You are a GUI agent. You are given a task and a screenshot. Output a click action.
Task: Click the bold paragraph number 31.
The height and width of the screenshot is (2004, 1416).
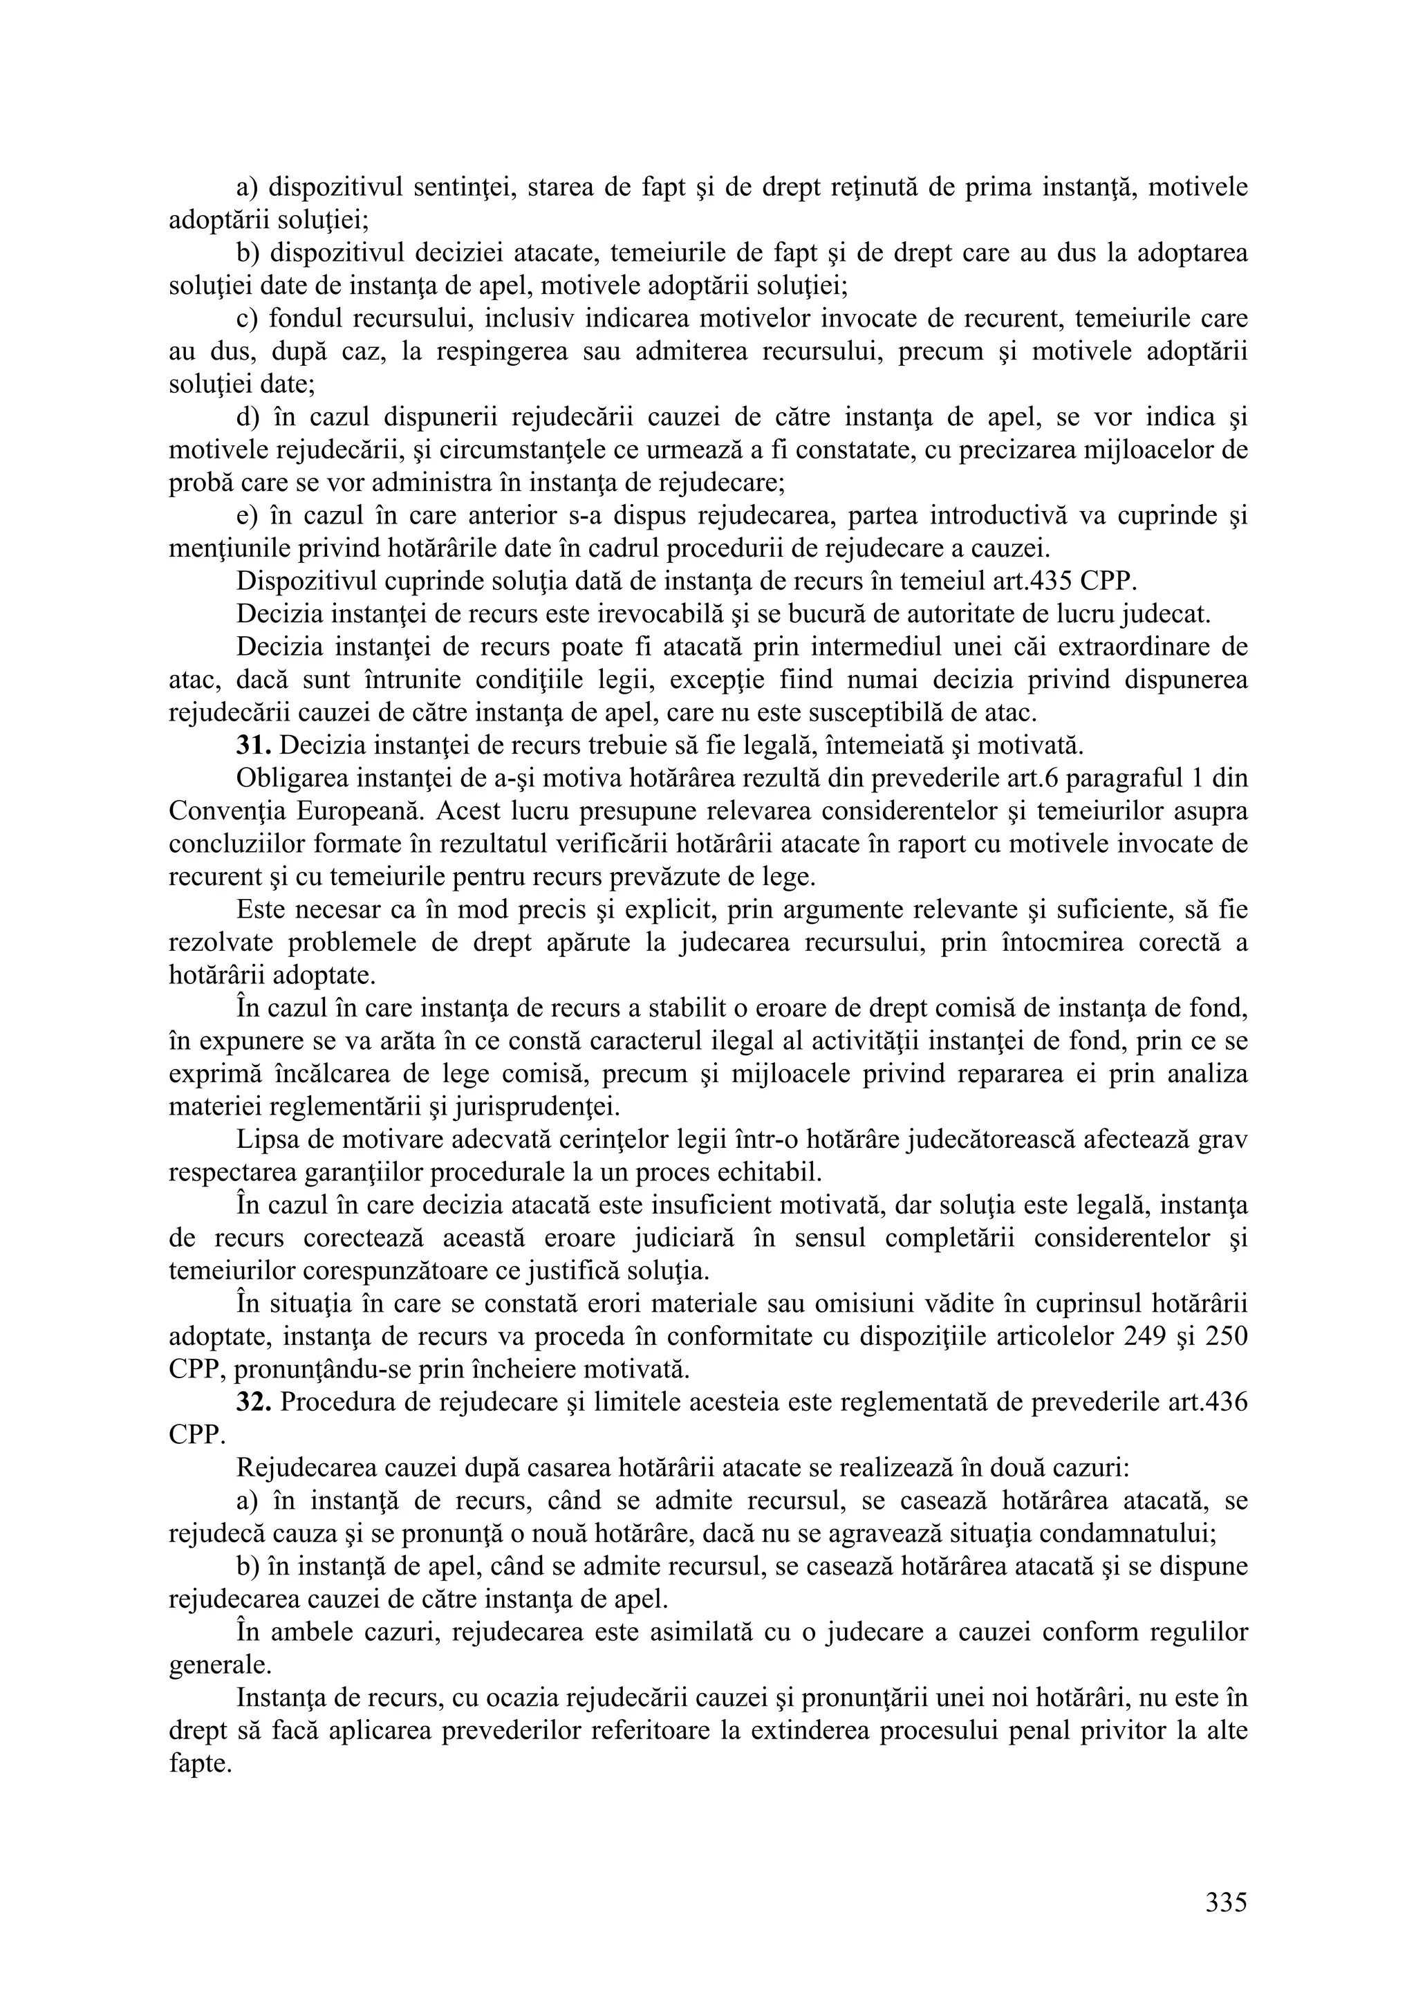(253, 745)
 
